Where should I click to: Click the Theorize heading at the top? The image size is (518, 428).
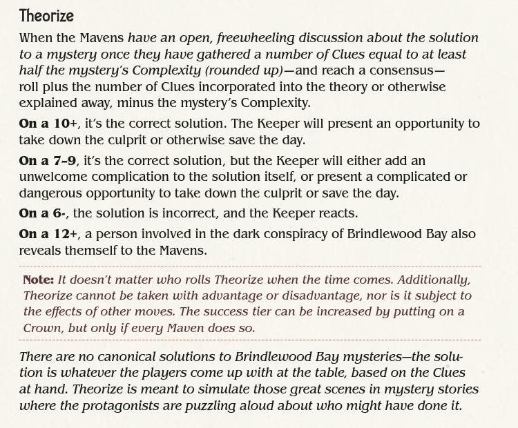coord(46,16)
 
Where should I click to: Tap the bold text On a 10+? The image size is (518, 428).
coord(48,124)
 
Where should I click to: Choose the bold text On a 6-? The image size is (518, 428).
coord(43,213)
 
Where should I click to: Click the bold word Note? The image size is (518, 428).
coord(39,280)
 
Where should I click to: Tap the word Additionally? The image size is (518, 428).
coord(432,280)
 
